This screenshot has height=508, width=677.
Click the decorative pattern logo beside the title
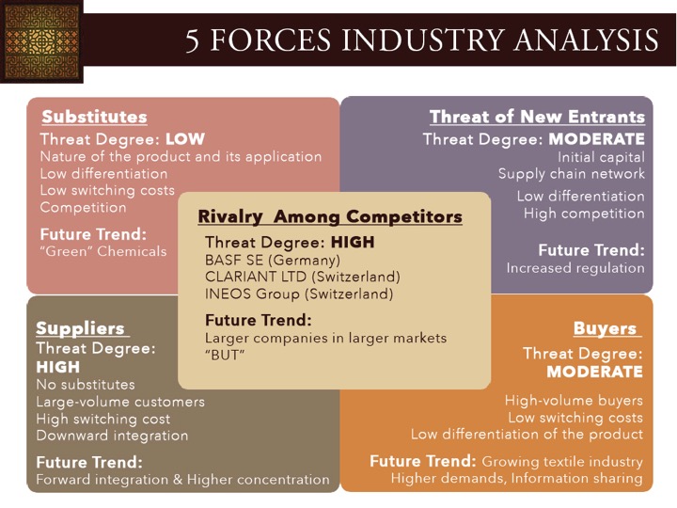[x=41, y=41]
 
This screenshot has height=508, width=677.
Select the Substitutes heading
[x=95, y=117]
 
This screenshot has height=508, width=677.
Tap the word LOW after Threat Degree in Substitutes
[x=185, y=139]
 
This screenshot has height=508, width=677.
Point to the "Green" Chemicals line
[x=103, y=251]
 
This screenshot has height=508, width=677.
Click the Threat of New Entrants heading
[x=537, y=117]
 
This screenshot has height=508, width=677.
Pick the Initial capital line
[x=601, y=157]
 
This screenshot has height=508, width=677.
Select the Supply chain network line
[x=572, y=174]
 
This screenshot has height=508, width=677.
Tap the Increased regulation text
[x=575, y=268]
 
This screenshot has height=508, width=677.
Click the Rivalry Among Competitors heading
[x=330, y=217]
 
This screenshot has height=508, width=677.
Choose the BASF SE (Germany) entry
[x=273, y=261]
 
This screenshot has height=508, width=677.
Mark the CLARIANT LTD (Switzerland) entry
[x=302, y=277]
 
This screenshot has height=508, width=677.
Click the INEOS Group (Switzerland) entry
[x=299, y=294]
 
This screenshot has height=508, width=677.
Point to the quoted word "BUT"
[x=225, y=356]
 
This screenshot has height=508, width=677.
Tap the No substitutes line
[x=86, y=385]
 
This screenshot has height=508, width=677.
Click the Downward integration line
[x=112, y=436]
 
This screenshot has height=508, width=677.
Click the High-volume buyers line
[x=574, y=401]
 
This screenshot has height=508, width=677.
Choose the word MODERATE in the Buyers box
[x=594, y=372]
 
